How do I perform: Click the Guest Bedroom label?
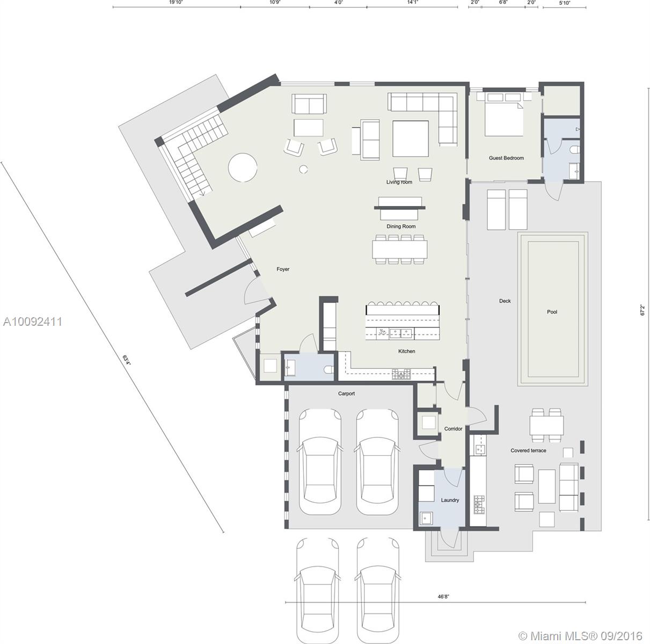tap(506, 158)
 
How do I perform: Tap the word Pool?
tap(552, 312)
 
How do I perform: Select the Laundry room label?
tap(450, 500)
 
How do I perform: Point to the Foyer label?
tap(283, 269)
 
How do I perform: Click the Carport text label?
tap(346, 393)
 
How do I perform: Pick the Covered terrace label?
tap(528, 450)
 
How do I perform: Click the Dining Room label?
tap(401, 226)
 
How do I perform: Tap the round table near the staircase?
tap(243, 167)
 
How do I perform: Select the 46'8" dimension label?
tap(443, 596)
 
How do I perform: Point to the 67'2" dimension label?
tap(642, 310)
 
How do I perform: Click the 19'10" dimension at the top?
tap(176, 2)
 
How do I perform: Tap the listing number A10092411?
tap(32, 321)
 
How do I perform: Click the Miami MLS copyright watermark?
tap(580, 636)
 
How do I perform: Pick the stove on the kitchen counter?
tap(401, 374)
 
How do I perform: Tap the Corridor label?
tap(453, 429)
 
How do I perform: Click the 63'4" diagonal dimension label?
tap(127, 360)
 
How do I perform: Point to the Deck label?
tap(505, 301)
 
